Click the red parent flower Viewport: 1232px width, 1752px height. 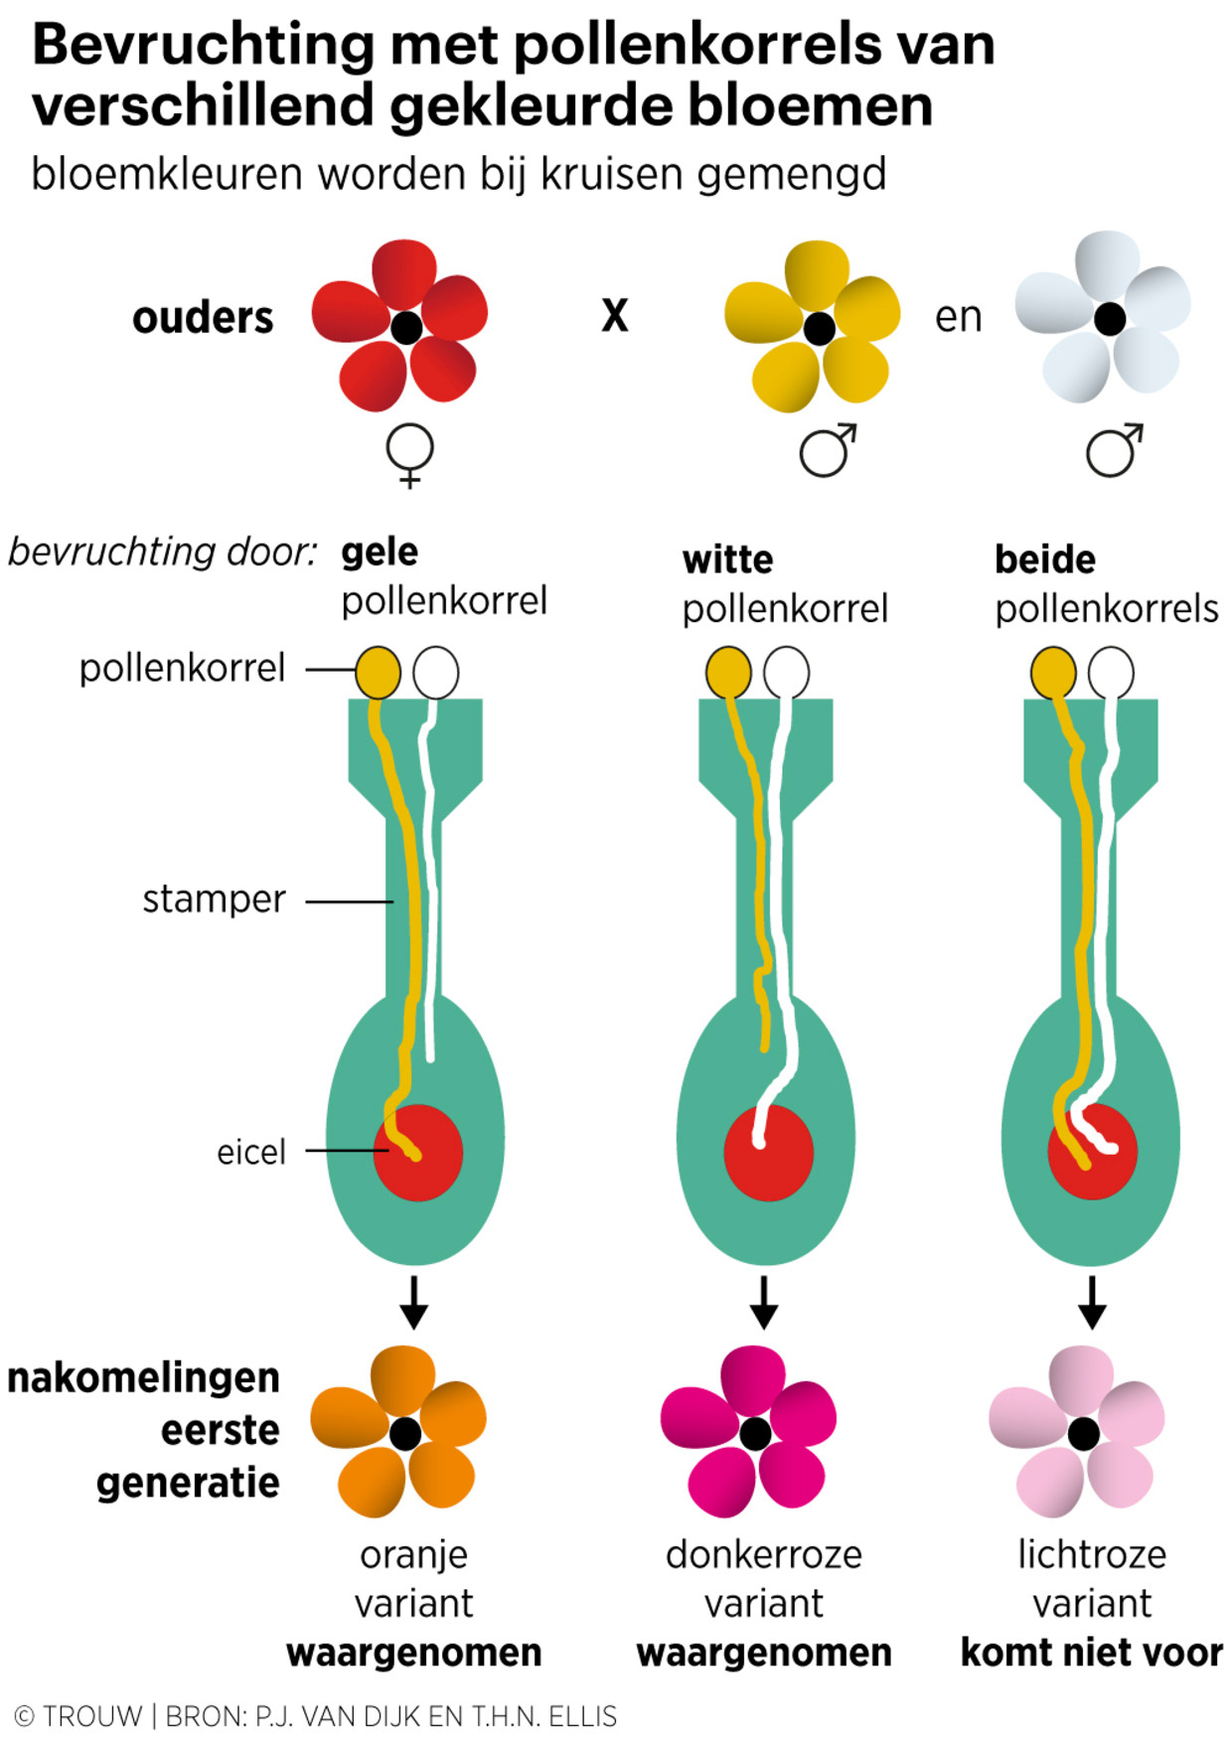tap(401, 326)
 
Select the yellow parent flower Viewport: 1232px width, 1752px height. tap(816, 326)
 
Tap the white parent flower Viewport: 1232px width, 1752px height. tap(1106, 318)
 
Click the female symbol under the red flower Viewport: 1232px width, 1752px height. tap(409, 455)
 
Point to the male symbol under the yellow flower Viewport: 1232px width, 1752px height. tap(828, 450)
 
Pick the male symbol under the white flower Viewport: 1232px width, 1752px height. tap(1114, 450)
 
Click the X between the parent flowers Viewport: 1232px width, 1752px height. tap(615, 316)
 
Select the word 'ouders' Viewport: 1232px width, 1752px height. tap(203, 318)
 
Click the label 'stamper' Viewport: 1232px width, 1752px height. tap(214, 899)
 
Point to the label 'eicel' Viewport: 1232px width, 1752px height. tap(251, 1152)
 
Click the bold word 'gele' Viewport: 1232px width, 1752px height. tap(380, 553)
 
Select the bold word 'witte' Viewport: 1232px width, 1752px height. tap(727, 560)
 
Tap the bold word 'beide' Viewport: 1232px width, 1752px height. tap(1045, 560)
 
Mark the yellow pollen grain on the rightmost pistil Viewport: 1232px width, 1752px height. tap(1053, 673)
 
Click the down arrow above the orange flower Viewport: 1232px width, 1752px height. tap(414, 1302)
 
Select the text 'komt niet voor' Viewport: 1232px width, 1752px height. tap(1091, 1653)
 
